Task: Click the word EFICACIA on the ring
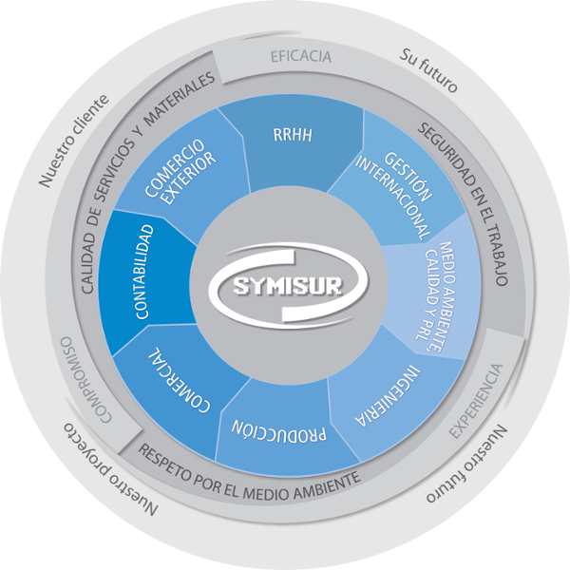301,56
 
